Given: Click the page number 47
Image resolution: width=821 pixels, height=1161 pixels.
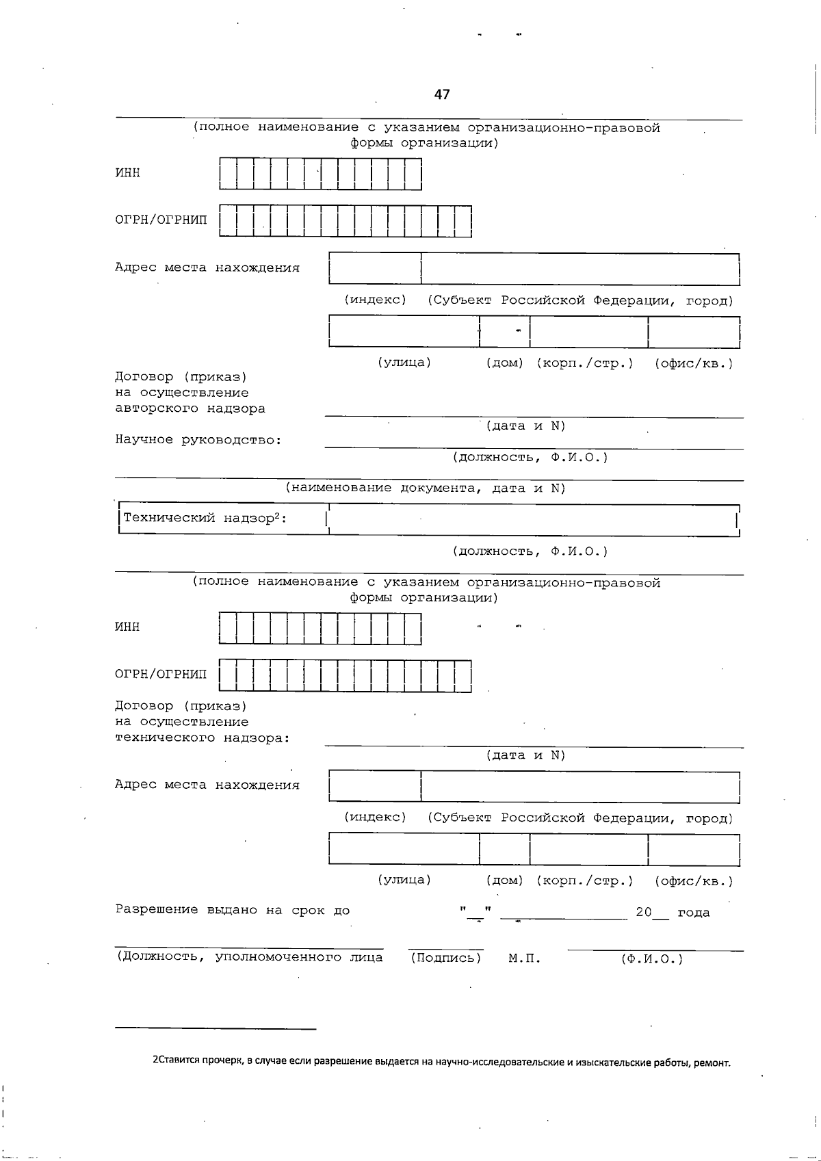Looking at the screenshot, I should click(x=442, y=94).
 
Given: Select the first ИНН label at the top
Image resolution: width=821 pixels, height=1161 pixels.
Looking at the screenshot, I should click(x=127, y=173).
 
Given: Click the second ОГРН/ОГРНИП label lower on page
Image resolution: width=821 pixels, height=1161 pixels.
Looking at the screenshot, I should click(x=161, y=675).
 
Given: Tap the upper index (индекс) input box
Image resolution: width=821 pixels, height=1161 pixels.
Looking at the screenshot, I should click(x=375, y=268).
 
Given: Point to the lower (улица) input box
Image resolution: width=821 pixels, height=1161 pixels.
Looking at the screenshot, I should click(x=404, y=850).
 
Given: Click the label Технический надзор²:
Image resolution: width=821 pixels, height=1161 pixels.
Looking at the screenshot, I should click(x=205, y=519).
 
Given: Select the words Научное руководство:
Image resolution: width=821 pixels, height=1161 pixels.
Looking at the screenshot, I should click(x=198, y=440).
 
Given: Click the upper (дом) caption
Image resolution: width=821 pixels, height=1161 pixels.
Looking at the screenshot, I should click(x=504, y=363).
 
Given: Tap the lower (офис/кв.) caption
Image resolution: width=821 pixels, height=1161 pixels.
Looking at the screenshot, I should click(x=694, y=881).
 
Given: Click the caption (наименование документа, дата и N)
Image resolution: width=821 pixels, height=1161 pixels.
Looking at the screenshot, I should click(x=426, y=488).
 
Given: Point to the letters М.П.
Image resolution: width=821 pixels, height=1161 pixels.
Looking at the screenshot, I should click(x=525, y=959).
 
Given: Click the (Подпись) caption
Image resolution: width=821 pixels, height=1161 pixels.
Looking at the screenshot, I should click(x=446, y=958).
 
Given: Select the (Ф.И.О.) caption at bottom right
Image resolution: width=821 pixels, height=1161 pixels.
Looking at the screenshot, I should click(x=652, y=959).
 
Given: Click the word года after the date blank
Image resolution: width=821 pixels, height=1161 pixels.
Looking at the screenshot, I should click(x=694, y=913).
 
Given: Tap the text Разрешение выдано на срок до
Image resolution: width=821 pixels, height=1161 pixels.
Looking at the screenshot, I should click(x=232, y=911).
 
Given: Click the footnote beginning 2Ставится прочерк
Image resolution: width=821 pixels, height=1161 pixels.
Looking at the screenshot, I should click(x=441, y=1062).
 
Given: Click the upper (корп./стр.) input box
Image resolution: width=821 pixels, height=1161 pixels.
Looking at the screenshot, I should click(x=588, y=332).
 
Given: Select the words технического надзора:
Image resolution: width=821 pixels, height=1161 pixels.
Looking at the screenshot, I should click(x=203, y=738).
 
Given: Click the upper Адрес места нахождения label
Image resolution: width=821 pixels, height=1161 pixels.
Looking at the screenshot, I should click(x=207, y=268).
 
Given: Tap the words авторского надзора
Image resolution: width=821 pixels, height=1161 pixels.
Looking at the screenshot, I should click(x=190, y=409).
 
